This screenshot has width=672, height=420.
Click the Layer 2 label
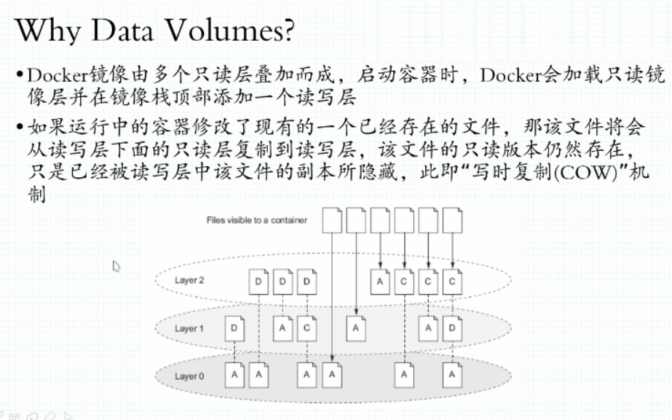click(189, 280)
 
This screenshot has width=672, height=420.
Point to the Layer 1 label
click(189, 329)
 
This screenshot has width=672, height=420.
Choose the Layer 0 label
click(189, 376)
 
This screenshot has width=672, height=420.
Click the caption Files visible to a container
click(256, 220)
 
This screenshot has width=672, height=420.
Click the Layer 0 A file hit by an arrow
click(332, 375)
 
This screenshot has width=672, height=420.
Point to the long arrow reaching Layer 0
click(332, 292)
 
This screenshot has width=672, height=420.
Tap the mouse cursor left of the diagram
click(116, 266)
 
